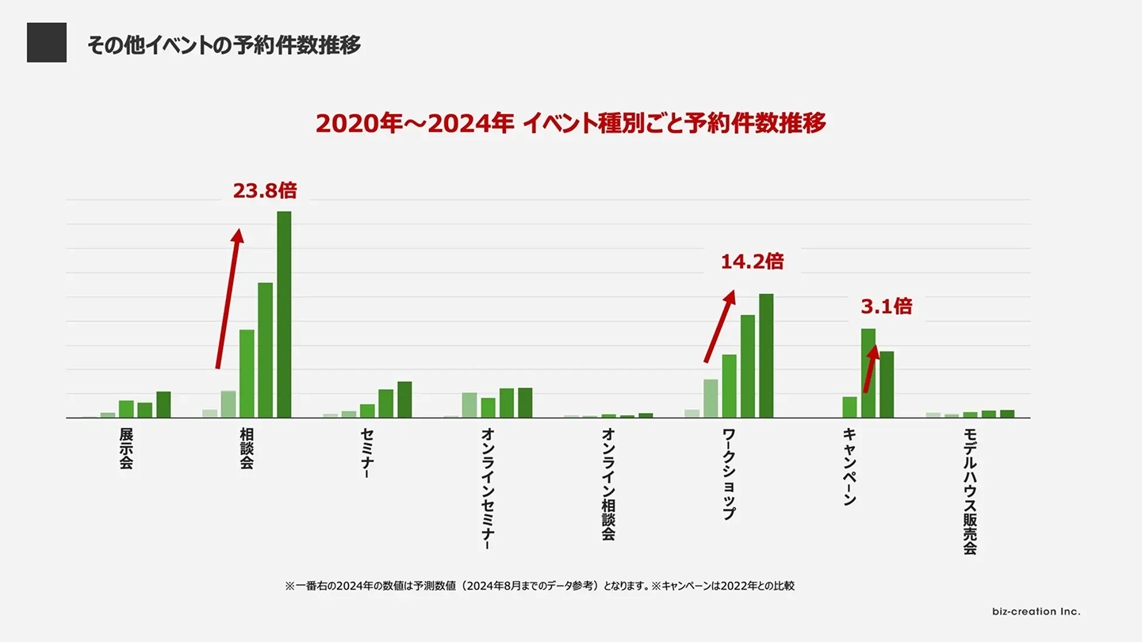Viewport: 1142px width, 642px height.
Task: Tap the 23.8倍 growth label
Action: pyautogui.click(x=265, y=191)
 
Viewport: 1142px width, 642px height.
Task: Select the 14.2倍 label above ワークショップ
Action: pyautogui.click(x=752, y=262)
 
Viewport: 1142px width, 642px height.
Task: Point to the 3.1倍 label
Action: pyautogui.click(x=887, y=306)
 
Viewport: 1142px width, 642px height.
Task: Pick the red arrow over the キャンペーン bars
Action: pyautogui.click(x=871, y=369)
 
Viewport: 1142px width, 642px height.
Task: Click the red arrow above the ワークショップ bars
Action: pyautogui.click(x=719, y=326)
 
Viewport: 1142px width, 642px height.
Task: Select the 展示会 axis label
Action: pyautogui.click(x=126, y=449)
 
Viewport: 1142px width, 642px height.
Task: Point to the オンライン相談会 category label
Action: pyautogui.click(x=608, y=484)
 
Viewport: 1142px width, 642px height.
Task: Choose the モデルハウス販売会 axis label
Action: pyautogui.click(x=969, y=491)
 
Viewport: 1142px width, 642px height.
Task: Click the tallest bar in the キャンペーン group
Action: pyautogui.click(x=868, y=373)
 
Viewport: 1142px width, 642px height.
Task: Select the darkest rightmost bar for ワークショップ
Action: pyautogui.click(x=766, y=356)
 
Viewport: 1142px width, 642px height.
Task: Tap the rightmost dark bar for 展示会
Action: pyautogui.click(x=163, y=404)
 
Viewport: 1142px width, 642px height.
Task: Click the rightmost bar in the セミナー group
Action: pyautogui.click(x=404, y=399)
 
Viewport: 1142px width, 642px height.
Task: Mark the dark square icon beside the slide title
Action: pyautogui.click(x=47, y=43)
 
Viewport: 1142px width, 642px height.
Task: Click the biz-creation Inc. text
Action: pyautogui.click(x=1036, y=612)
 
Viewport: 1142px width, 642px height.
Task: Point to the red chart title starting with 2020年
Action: pyautogui.click(x=571, y=124)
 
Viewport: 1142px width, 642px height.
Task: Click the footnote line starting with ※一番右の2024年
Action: pyautogui.click(x=539, y=587)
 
